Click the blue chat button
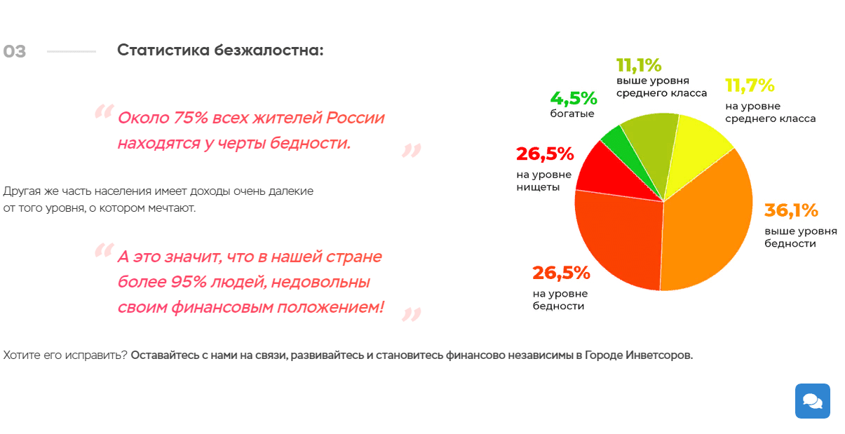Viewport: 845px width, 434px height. (812, 401)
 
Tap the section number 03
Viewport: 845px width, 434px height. (15, 52)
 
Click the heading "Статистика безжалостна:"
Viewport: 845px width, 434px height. (220, 50)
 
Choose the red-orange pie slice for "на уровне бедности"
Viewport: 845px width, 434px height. (617, 238)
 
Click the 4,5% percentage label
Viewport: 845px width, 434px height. (573, 98)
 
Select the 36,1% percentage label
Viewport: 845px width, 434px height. (791, 210)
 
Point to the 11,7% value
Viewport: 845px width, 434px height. (750, 86)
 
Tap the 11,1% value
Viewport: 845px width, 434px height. (638, 65)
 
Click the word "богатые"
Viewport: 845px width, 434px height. (572, 114)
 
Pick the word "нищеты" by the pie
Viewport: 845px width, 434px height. (538, 187)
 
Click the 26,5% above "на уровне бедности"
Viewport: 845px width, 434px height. (561, 273)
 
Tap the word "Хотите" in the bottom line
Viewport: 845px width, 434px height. (20, 355)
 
